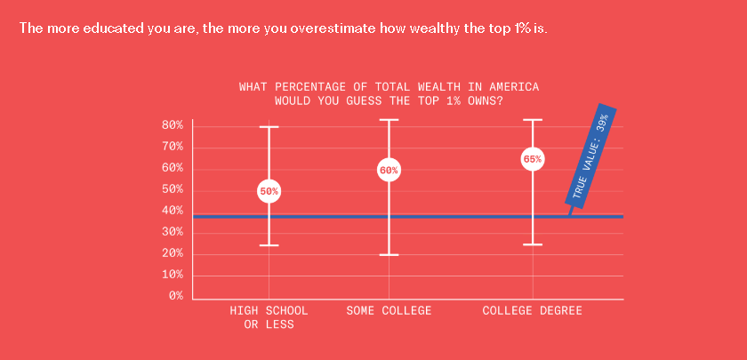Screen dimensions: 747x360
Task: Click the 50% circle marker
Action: click(x=269, y=191)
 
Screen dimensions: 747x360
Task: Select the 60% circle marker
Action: click(x=389, y=170)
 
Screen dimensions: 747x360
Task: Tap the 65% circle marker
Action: click(x=533, y=159)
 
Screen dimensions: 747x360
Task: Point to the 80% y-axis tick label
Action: click(x=172, y=125)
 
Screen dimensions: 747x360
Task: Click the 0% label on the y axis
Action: click(x=176, y=296)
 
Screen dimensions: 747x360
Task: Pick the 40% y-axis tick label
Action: click(x=172, y=211)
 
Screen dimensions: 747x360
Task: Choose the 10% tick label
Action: click(x=172, y=275)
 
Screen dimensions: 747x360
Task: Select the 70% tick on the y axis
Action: click(x=172, y=147)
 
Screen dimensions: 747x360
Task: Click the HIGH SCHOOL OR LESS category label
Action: click(x=269, y=317)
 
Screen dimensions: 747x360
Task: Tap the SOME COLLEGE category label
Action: click(x=389, y=311)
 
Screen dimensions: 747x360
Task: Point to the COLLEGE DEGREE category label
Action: click(x=532, y=311)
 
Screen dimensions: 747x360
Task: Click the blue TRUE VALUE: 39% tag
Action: click(x=590, y=156)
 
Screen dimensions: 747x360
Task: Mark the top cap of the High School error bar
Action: click(x=269, y=127)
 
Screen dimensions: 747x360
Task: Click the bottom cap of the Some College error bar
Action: click(x=389, y=255)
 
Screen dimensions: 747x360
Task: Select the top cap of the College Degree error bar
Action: click(x=533, y=120)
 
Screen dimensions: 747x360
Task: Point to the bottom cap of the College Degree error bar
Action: click(x=533, y=244)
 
